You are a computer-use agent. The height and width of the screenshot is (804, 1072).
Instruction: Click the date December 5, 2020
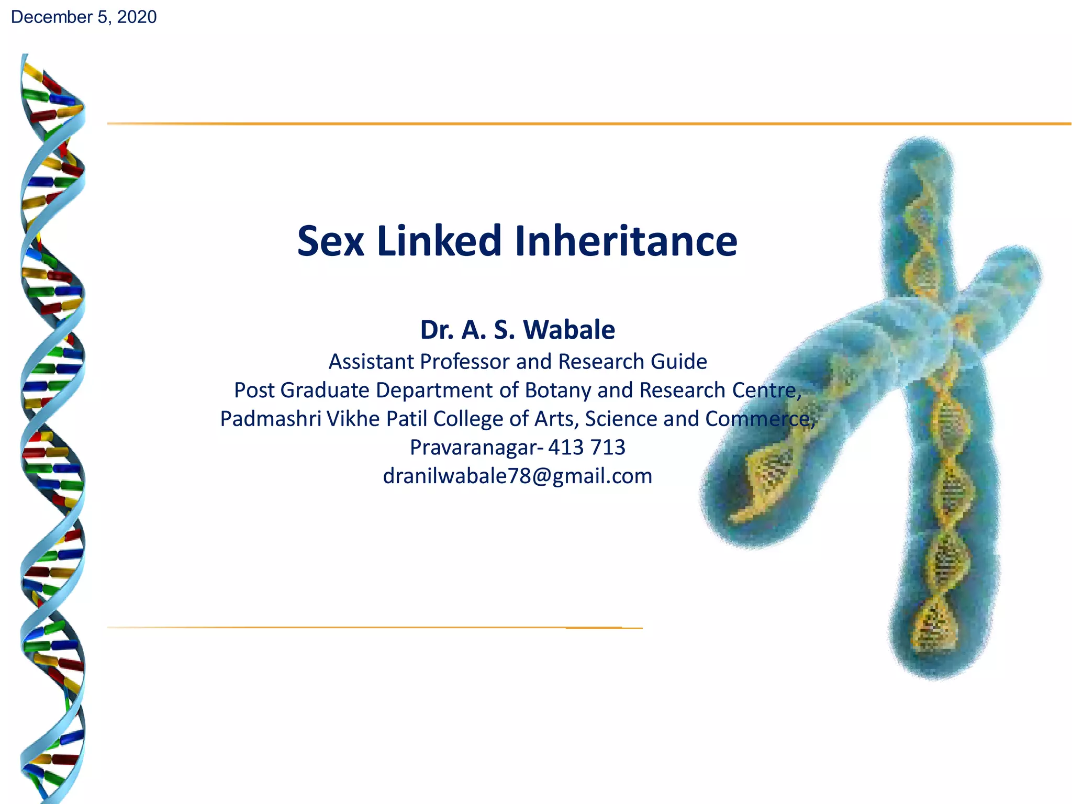(x=84, y=17)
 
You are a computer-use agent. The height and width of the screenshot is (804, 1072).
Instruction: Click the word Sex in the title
(x=330, y=241)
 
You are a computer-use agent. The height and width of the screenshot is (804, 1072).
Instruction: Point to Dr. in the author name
(x=437, y=330)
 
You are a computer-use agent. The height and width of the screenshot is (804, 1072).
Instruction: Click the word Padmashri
(x=270, y=419)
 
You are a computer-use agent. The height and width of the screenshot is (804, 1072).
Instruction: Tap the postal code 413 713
(x=587, y=448)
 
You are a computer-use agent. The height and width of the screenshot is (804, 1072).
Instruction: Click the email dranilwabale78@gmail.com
(x=517, y=476)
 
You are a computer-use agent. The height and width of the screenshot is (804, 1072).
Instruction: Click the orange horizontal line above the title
(x=576, y=124)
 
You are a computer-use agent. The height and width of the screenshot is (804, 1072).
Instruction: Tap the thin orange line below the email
(x=366, y=627)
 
